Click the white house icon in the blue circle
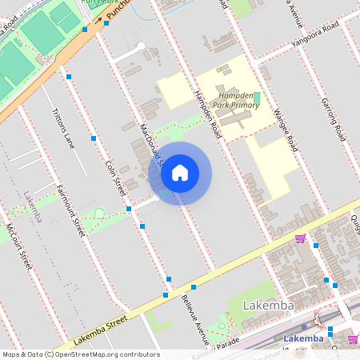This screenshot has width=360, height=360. tap(180, 172)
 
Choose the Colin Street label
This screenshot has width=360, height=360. tap(117, 177)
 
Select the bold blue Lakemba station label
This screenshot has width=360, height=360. tap(304, 338)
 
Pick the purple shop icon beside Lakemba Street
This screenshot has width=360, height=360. tap(300, 238)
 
